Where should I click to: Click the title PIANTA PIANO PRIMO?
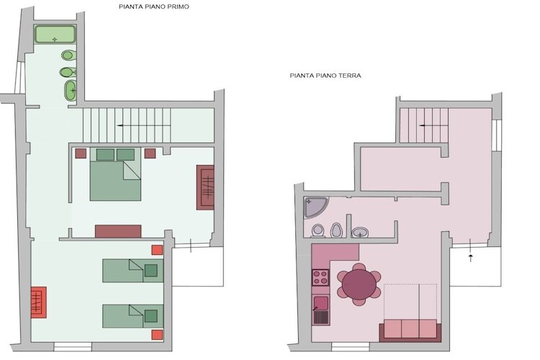154,6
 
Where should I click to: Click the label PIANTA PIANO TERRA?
325,76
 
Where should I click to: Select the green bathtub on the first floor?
55,34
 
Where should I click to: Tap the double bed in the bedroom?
115,174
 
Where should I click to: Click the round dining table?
359,284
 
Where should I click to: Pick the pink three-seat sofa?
410,330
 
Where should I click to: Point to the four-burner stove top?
320,278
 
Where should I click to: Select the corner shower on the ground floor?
316,207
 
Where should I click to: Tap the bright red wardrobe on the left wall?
39,302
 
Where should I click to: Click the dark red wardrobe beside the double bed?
205,187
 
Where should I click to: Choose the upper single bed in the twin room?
132,271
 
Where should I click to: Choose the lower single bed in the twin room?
132,316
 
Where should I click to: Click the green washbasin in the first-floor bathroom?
71,91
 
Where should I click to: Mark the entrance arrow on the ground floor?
471,258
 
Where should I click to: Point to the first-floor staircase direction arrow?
144,126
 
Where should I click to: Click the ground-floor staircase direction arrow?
433,126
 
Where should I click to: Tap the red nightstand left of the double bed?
81,153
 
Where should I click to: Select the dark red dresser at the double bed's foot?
118,231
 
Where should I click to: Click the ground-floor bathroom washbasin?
360,232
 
